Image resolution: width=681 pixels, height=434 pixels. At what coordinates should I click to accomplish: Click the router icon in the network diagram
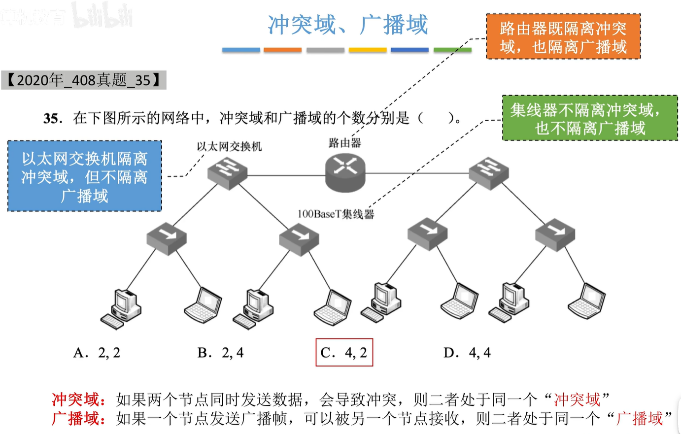[345, 172]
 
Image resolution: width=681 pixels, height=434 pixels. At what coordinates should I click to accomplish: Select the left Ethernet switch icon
[227, 172]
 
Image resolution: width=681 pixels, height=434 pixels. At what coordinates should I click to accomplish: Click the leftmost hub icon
[167, 238]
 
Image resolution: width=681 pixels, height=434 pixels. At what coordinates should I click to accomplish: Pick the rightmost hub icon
[555, 235]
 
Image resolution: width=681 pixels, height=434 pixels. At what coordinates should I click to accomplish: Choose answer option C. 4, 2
[344, 353]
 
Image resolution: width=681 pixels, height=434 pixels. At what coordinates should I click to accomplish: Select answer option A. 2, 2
[97, 353]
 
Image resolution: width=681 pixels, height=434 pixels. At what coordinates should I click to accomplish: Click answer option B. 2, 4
[220, 353]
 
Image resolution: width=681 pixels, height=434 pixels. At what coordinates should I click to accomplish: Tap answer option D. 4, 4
[467, 353]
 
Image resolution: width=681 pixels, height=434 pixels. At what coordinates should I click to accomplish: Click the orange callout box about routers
[563, 37]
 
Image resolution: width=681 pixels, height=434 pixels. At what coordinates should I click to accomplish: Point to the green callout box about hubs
[590, 118]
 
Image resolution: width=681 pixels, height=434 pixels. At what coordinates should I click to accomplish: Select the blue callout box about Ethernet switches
[85, 176]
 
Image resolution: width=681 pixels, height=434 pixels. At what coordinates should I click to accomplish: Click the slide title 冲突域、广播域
[347, 25]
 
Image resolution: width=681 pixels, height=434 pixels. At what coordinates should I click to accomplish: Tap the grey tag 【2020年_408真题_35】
[84, 80]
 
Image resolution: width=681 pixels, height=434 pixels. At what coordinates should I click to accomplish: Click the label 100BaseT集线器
[336, 214]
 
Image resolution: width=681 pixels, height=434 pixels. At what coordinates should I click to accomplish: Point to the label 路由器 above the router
[344, 143]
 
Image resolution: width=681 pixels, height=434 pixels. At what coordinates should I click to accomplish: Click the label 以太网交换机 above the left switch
[229, 146]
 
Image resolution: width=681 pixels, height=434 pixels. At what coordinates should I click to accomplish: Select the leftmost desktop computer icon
[121, 309]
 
